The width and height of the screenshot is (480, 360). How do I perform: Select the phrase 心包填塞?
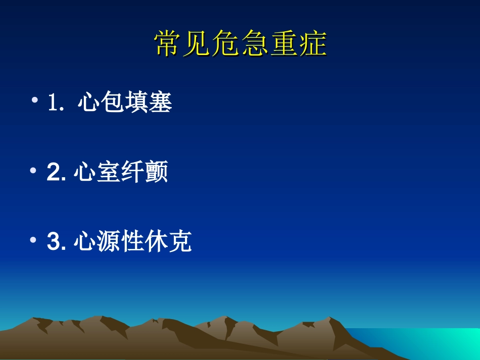point(125,103)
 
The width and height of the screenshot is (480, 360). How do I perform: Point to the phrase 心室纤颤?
point(121,173)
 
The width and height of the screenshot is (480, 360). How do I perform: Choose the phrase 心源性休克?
point(132,241)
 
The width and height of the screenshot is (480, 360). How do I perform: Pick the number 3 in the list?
point(53,242)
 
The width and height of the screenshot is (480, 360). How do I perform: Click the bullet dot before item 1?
point(34,100)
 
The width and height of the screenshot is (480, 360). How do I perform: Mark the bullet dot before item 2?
point(34,170)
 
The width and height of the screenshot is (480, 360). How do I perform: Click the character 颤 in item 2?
point(156,173)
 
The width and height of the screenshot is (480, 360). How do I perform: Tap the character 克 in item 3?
point(180,241)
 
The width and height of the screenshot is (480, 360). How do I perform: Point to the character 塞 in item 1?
point(161,103)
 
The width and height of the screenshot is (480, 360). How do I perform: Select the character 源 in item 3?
point(109,241)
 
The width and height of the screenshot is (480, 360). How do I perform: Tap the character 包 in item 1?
point(113,103)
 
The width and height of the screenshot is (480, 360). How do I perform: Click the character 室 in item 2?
point(109,173)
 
